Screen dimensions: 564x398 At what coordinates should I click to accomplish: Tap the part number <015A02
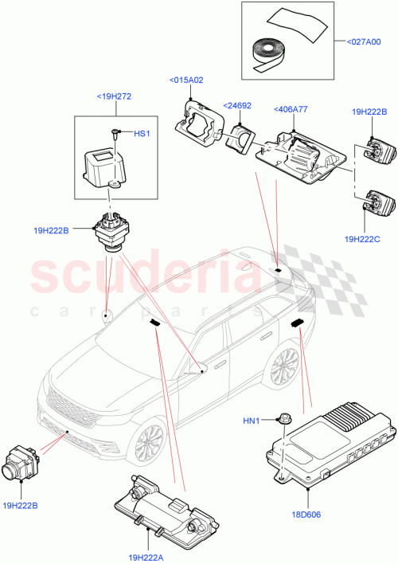tap(185, 80)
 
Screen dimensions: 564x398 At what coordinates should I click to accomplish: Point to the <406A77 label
tap(291, 111)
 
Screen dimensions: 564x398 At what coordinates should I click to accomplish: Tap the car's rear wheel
tap(286, 367)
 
